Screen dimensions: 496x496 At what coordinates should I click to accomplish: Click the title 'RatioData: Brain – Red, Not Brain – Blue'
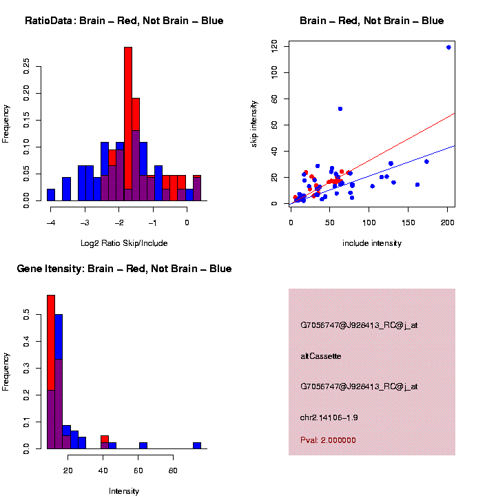point(124,21)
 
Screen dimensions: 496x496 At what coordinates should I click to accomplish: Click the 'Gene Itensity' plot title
point(124,269)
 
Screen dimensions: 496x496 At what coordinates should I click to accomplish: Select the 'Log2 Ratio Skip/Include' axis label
point(124,243)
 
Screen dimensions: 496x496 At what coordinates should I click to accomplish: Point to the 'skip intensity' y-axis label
point(254,122)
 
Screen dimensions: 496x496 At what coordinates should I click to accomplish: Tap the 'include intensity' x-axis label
point(371,243)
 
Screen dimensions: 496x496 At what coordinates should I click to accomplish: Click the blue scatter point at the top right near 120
point(448,48)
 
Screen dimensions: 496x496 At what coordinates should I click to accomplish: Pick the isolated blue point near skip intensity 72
point(340,109)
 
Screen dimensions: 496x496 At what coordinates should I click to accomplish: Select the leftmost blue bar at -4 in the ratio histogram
point(51,195)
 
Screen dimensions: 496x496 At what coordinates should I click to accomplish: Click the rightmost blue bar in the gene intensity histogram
point(197,445)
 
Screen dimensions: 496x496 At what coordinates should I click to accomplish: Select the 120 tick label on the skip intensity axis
point(275,45)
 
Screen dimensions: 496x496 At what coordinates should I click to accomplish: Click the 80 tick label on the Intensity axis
point(174,471)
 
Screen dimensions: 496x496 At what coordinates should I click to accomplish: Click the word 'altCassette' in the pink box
point(321,356)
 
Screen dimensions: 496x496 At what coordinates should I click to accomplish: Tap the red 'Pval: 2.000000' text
point(328,440)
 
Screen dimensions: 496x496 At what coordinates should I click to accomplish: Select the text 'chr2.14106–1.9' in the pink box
point(329,417)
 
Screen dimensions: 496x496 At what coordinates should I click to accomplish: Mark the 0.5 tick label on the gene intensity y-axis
point(27,315)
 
